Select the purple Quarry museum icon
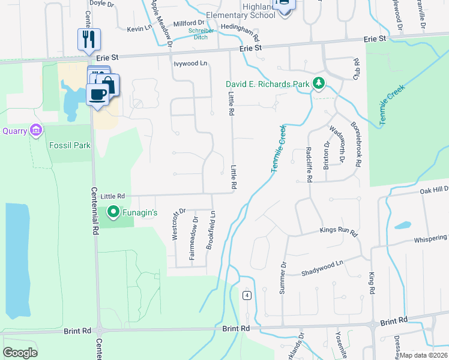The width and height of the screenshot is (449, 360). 36,130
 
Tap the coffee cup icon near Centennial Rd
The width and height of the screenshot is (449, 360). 98,94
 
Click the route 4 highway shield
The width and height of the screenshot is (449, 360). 246,296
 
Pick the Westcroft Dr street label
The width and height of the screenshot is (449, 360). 176,225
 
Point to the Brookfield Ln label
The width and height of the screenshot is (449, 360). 210,230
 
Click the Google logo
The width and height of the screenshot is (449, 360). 20,353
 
